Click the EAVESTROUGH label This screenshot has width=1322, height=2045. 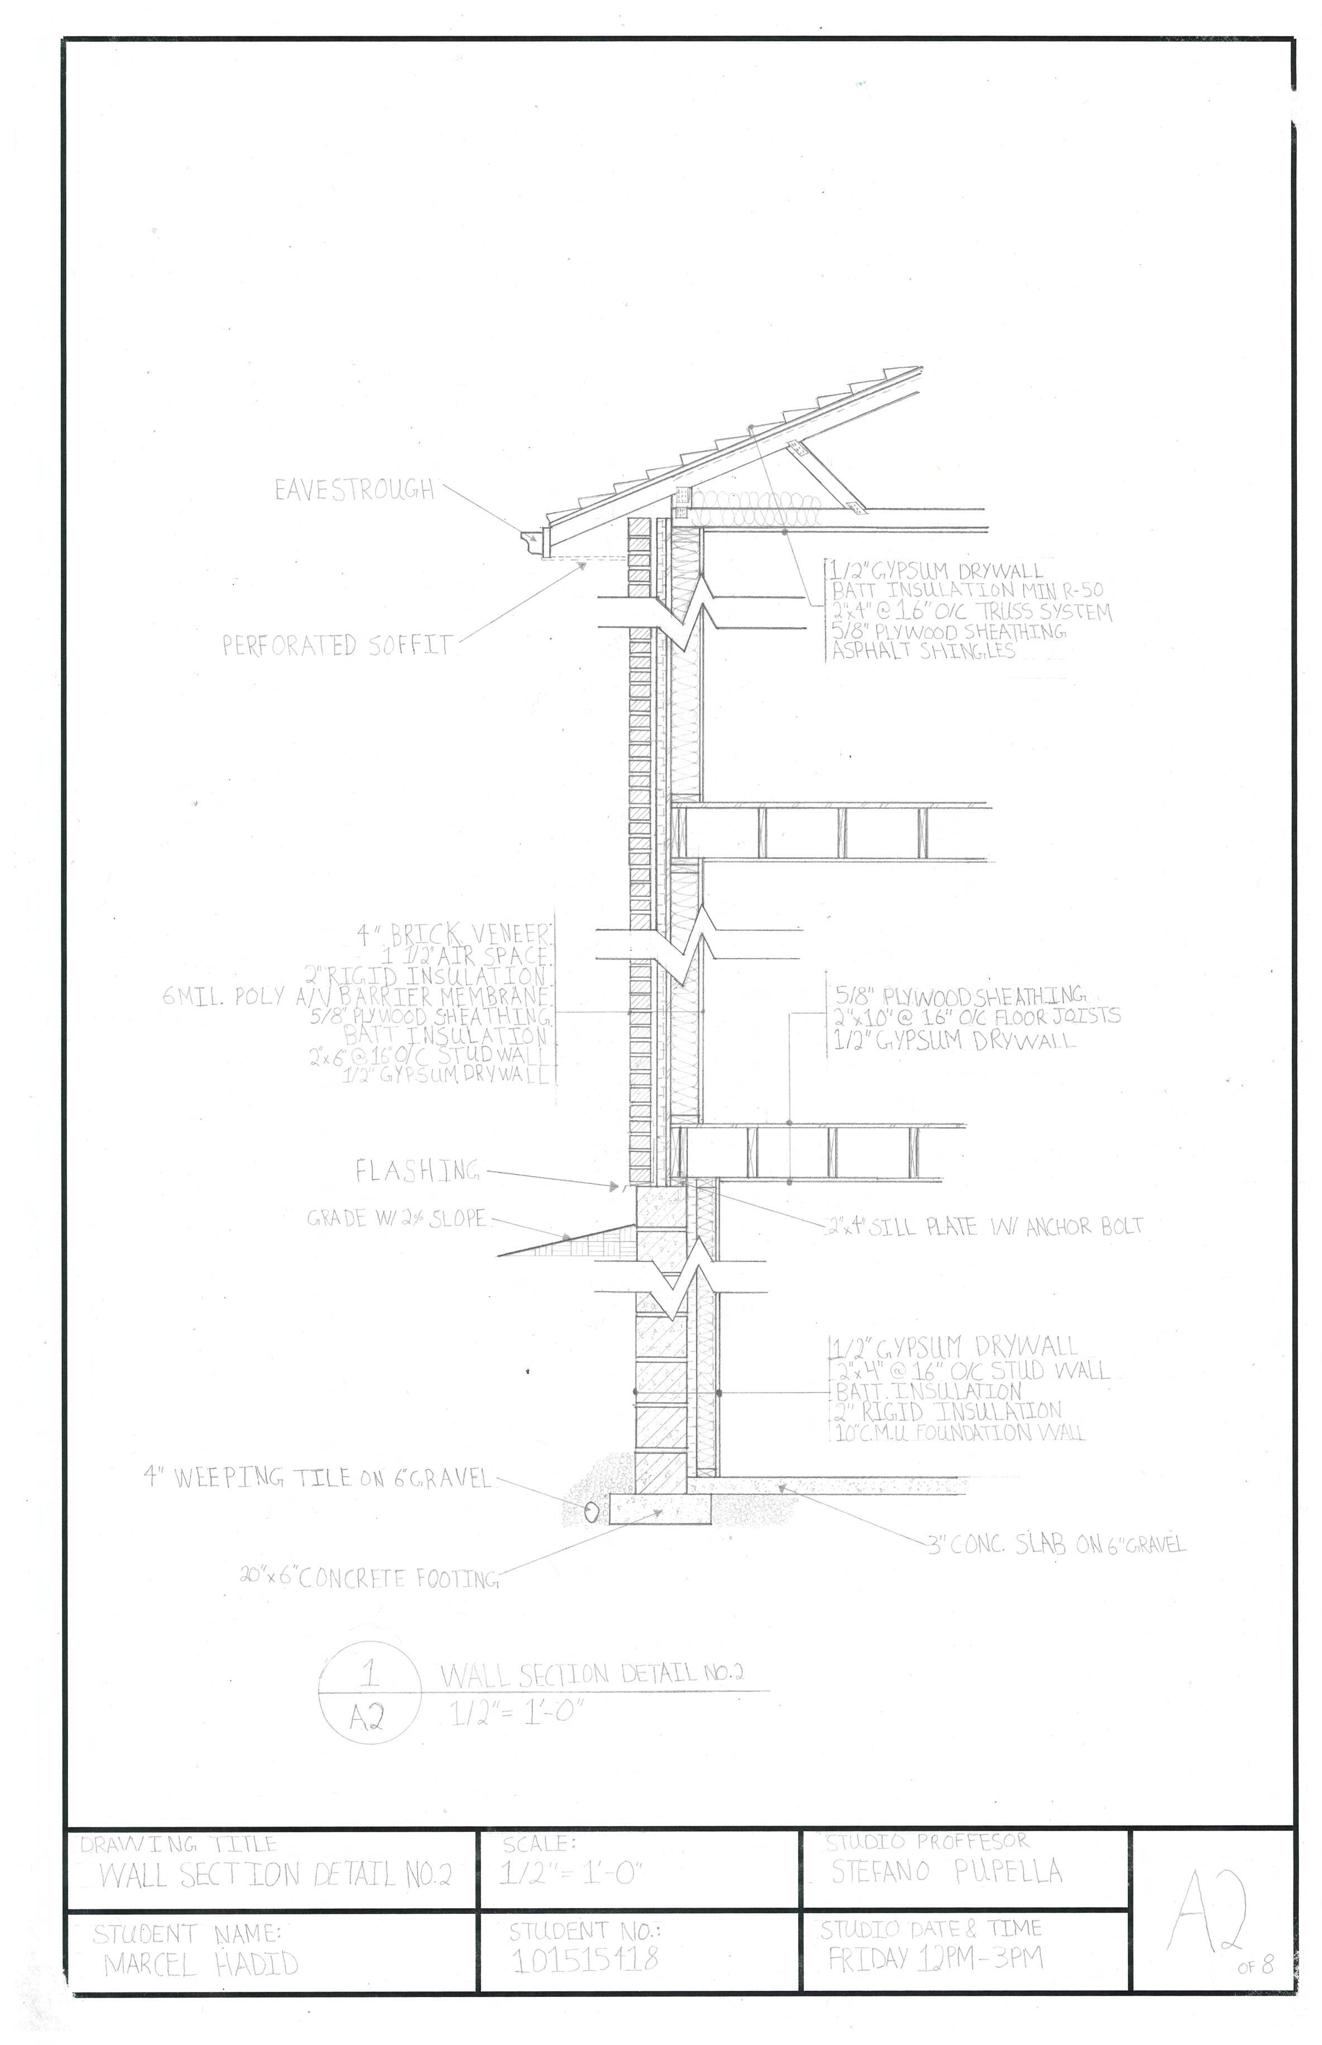tap(354, 490)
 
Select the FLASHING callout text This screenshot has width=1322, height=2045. tap(417, 1170)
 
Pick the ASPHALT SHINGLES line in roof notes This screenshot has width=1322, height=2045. tap(924, 651)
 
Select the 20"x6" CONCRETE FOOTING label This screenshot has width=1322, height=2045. tap(369, 1578)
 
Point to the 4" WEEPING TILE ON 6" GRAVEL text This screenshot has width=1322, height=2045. tap(318, 1478)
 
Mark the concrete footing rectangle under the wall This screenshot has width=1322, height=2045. tap(660, 1508)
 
